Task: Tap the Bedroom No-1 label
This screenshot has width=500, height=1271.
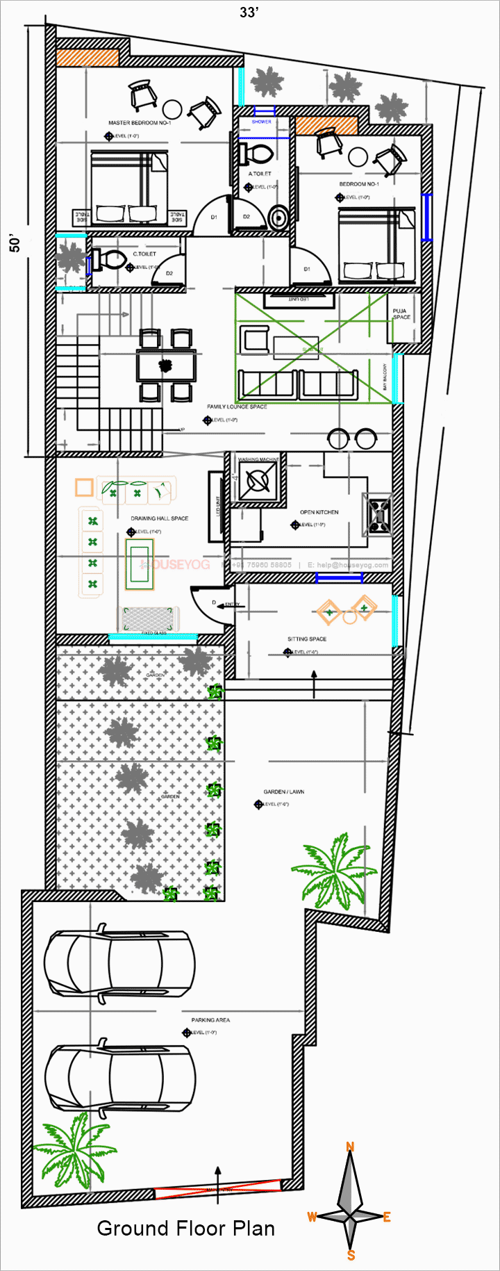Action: (x=359, y=184)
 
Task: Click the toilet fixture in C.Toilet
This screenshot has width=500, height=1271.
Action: (x=107, y=261)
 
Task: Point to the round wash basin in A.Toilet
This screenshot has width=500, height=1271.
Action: (x=278, y=218)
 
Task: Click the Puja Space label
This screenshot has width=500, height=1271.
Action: (x=401, y=314)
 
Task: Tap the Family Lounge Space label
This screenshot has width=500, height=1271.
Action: (x=237, y=407)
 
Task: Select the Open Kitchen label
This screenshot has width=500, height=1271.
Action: (x=319, y=512)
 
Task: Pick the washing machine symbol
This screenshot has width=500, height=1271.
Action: (x=259, y=480)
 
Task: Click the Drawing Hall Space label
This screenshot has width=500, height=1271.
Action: (x=160, y=518)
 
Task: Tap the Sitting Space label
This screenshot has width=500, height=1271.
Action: (x=307, y=639)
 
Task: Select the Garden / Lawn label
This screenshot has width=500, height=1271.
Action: (x=283, y=792)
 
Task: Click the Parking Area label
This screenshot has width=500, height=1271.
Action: (x=210, y=1020)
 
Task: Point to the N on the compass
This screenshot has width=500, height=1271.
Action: (x=351, y=1147)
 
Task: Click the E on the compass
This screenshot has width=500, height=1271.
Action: (x=387, y=1217)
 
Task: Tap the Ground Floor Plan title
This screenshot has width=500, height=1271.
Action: (x=185, y=1229)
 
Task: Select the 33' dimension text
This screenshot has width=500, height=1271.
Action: (x=249, y=13)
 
